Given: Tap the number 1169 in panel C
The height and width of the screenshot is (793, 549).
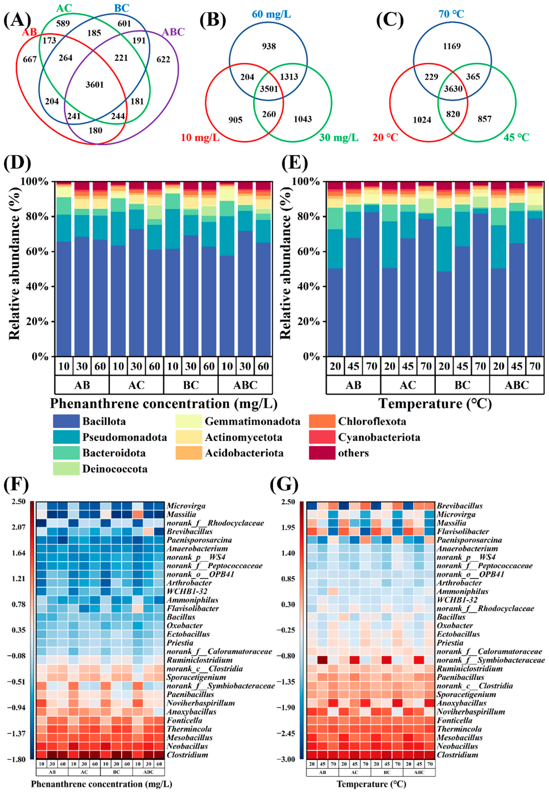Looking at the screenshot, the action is point(452,46).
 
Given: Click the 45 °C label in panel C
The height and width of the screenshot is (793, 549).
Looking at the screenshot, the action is point(516,137).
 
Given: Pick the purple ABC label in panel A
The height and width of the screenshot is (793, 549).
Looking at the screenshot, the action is point(173,32).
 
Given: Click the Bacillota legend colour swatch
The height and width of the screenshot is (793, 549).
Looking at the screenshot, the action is point(66,421).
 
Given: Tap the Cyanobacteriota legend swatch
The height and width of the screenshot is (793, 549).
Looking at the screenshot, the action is point(322,437).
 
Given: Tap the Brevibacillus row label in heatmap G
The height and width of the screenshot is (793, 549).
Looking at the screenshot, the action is point(459,506).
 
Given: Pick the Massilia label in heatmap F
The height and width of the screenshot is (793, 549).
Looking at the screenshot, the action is point(181,514).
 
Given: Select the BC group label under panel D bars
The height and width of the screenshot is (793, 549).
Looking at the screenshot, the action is point(191,385).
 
